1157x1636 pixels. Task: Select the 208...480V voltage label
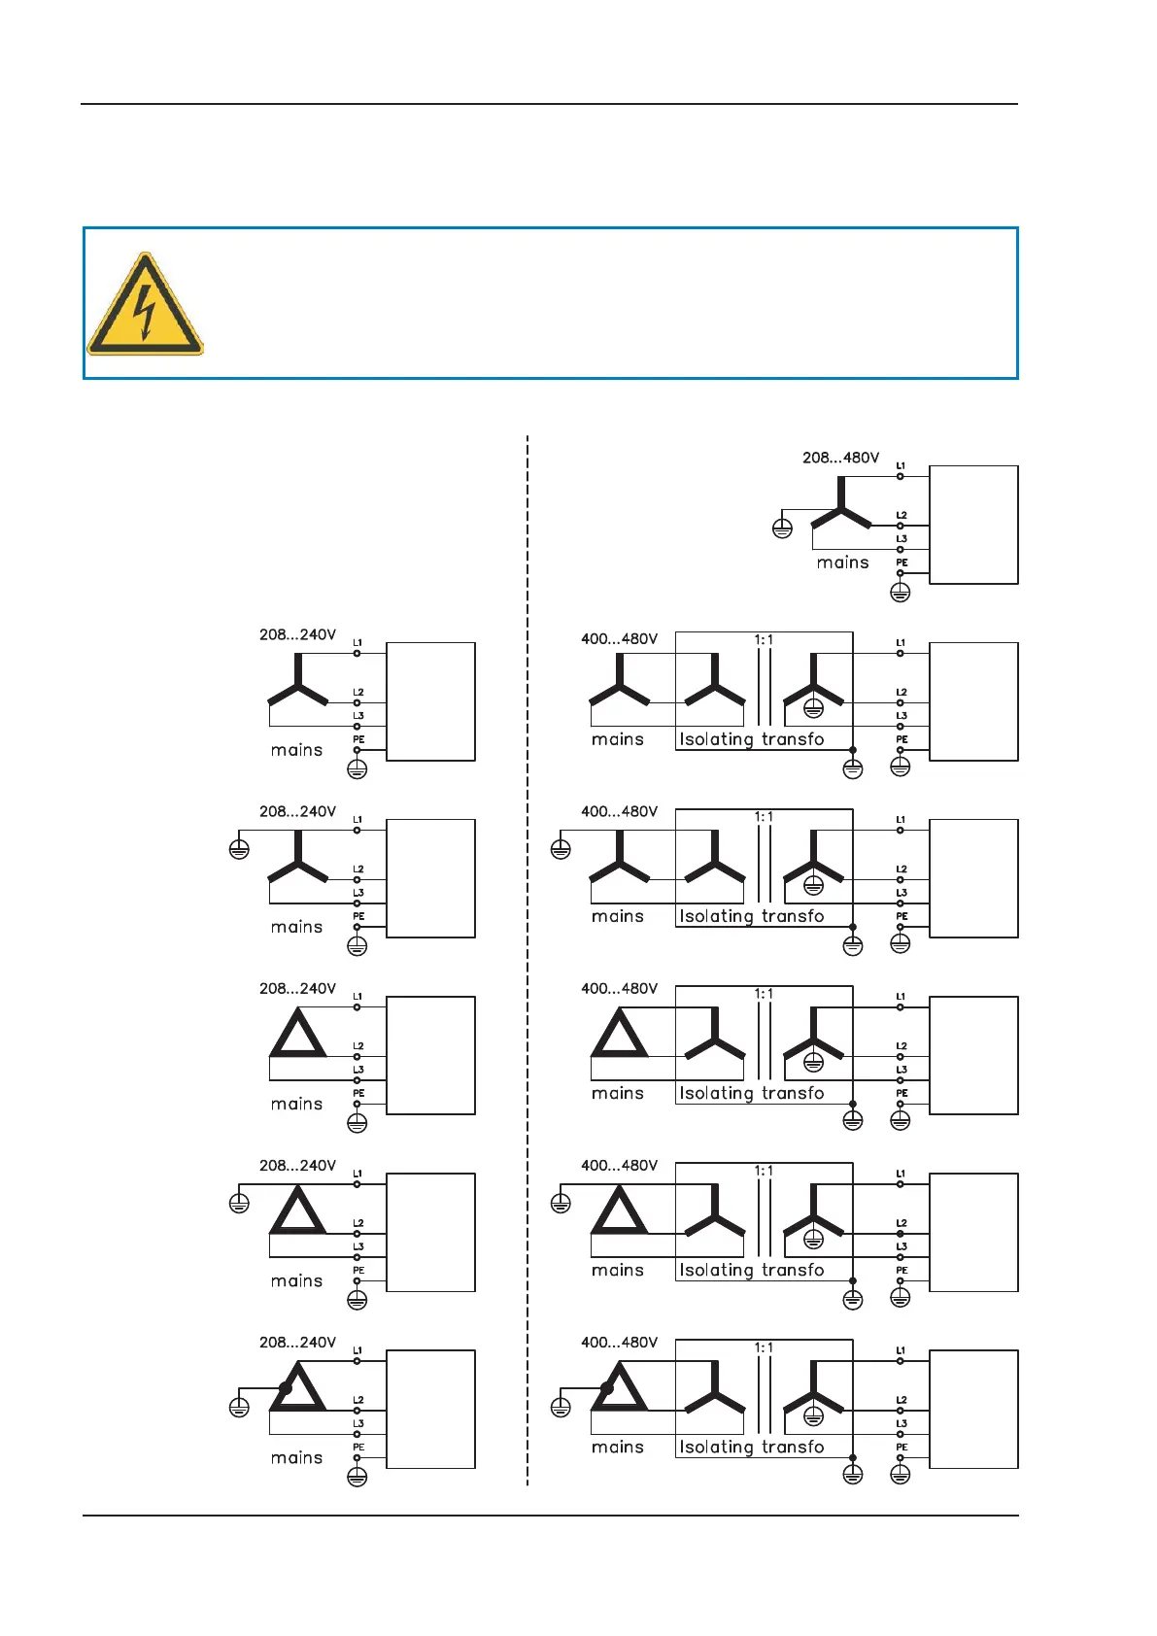pyautogui.click(x=840, y=458)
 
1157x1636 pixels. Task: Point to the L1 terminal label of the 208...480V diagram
pyautogui.click(x=901, y=466)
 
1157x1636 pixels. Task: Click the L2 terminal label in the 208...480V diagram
pyautogui.click(x=902, y=516)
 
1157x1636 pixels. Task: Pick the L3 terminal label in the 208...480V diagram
pyautogui.click(x=902, y=539)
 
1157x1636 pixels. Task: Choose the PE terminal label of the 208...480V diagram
pyautogui.click(x=902, y=562)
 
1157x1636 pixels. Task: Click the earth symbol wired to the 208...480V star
pyautogui.click(x=782, y=528)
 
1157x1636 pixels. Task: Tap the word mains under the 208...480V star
pyautogui.click(x=842, y=562)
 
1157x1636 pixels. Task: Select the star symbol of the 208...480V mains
pyautogui.click(x=841, y=507)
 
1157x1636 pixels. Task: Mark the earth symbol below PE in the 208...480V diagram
pyautogui.click(x=901, y=592)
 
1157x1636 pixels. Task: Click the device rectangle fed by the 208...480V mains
pyautogui.click(x=973, y=525)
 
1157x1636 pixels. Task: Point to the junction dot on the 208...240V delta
pyautogui.click(x=285, y=1388)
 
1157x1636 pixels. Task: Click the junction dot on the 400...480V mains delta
pyautogui.click(x=607, y=1388)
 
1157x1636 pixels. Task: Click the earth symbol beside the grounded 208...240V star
pyautogui.click(x=239, y=849)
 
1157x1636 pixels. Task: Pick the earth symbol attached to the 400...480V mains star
pyautogui.click(x=561, y=849)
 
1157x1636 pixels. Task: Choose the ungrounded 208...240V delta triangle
pyautogui.click(x=298, y=1034)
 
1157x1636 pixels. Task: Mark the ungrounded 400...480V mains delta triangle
pyautogui.click(x=619, y=1034)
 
